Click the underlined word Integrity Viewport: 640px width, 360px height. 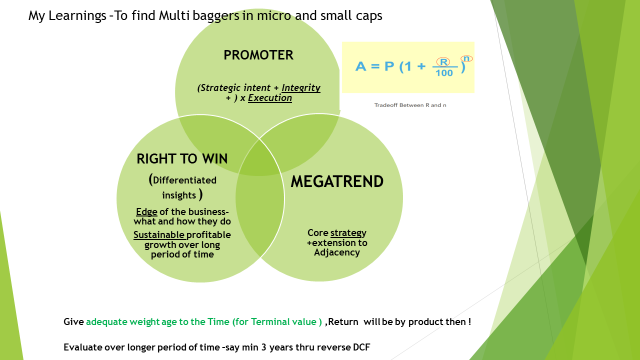(x=301, y=87)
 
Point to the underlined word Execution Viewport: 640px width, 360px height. (x=271, y=98)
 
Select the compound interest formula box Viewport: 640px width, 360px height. (x=408, y=68)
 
